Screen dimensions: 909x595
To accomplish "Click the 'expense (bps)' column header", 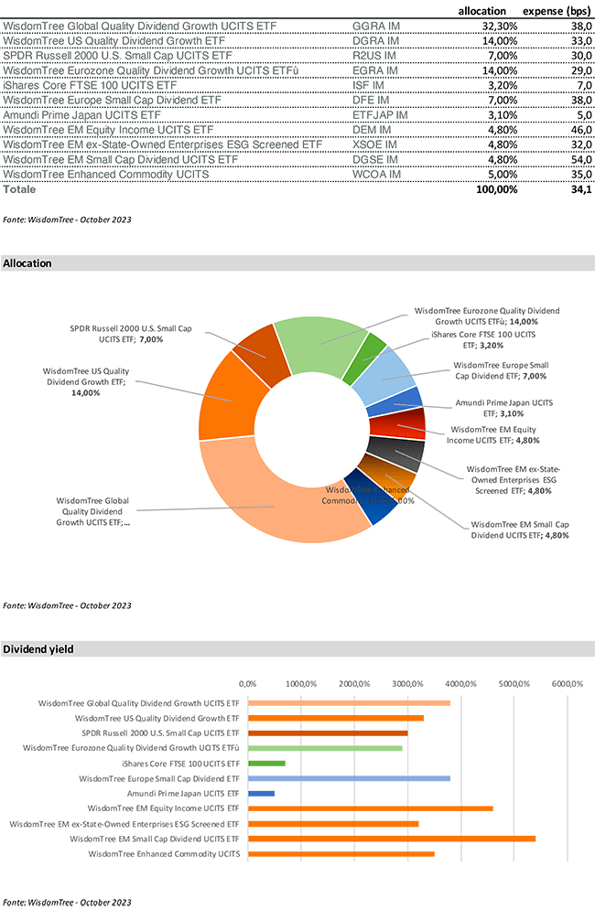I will click(555, 10).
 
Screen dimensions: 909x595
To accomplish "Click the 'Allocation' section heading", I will click(27, 263).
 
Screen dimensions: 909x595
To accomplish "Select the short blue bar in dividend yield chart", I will click(261, 794).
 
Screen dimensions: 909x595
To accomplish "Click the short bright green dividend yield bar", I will click(266, 764).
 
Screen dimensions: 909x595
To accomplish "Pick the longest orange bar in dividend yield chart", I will click(392, 839).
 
